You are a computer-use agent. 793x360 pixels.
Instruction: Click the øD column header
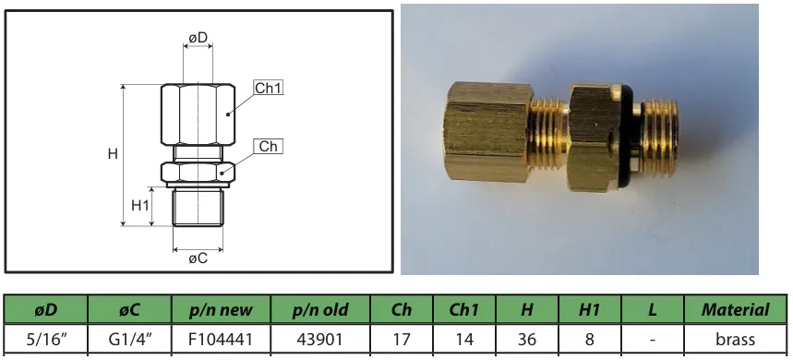[x=45, y=310]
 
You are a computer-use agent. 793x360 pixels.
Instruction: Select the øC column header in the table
[x=129, y=310]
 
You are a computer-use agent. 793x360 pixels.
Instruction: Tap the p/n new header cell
[x=221, y=310]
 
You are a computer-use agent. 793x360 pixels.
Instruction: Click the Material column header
[x=735, y=310]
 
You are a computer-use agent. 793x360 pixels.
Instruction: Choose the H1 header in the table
[x=589, y=310]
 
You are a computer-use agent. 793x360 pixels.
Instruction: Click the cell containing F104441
[x=221, y=339]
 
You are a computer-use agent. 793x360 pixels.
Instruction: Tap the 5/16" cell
[x=45, y=339]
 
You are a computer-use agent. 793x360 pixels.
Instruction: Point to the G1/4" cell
[x=129, y=339]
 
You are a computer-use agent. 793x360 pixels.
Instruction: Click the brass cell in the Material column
[x=735, y=339]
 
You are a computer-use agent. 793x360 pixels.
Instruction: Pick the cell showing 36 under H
[x=524, y=339]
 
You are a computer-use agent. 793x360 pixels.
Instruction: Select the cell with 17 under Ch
[x=402, y=339]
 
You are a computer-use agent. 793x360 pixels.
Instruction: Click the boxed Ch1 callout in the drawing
[x=268, y=89]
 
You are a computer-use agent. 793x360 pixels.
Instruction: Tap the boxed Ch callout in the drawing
[x=268, y=147]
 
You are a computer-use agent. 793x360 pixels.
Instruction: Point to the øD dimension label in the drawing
[x=198, y=37]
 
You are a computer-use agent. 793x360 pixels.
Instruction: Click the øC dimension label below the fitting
[x=198, y=258]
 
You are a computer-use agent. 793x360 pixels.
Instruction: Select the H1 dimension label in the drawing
[x=140, y=205]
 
